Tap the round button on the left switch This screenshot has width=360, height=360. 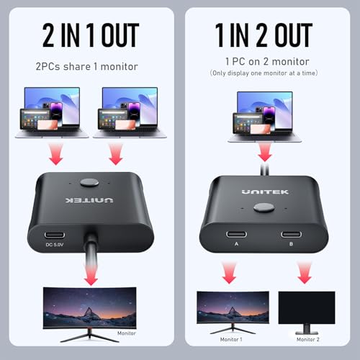(x=90, y=184)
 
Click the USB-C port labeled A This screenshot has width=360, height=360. (x=235, y=234)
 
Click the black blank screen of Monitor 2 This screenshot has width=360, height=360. (x=306, y=308)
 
